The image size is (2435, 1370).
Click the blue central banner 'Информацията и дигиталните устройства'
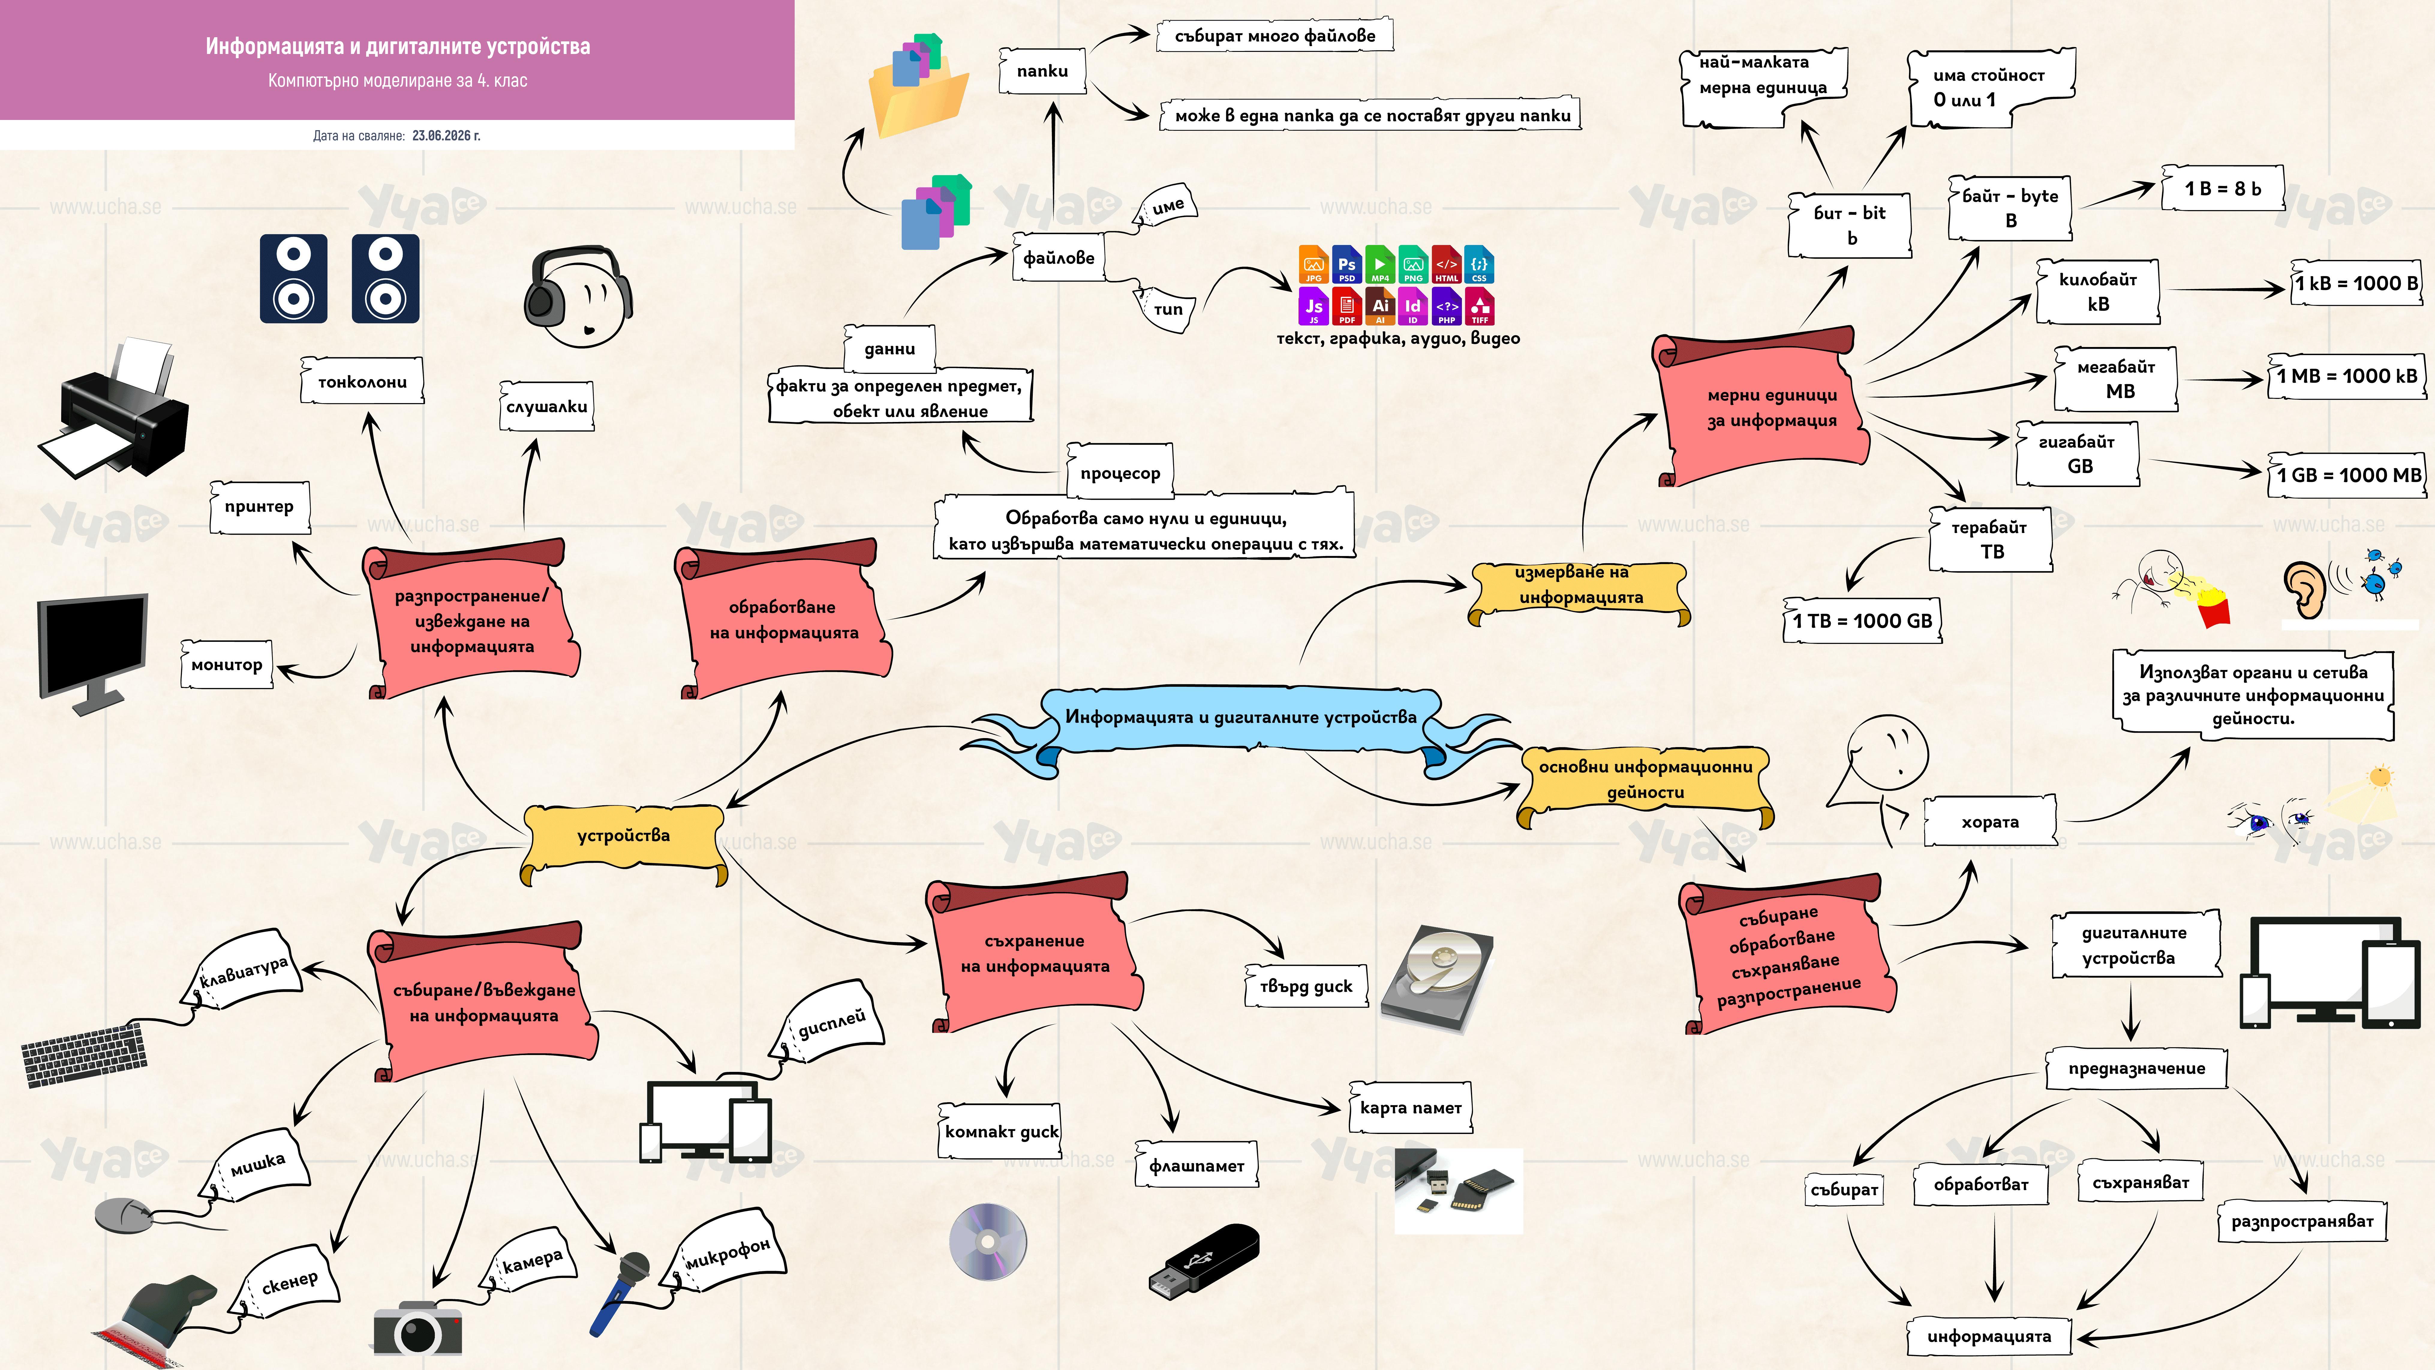pos(1240,719)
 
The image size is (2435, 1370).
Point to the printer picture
pos(113,407)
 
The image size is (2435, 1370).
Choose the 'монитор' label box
pos(227,665)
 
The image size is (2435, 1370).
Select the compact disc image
pos(988,1241)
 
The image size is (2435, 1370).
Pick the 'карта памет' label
pos(1410,1107)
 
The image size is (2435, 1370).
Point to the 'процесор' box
pos(1120,473)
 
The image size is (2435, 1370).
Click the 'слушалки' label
pos(546,407)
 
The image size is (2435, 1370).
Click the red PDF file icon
pos(1347,306)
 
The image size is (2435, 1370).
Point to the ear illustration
pos(2305,589)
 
